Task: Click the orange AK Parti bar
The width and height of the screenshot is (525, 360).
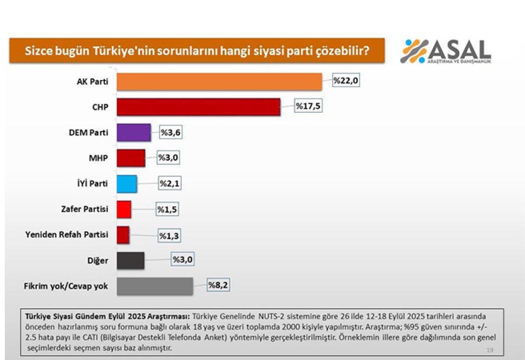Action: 219,82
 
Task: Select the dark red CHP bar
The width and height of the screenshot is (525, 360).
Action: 198,107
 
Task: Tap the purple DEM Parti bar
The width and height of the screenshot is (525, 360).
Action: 133,133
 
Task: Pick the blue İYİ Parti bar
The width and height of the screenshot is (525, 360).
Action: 127,184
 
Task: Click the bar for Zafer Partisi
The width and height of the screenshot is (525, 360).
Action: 124,210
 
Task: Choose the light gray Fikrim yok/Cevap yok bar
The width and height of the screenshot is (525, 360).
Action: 154,287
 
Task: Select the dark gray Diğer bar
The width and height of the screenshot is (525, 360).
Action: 130,261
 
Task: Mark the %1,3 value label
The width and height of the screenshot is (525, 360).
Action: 169,235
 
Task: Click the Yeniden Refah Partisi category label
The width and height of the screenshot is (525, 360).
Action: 67,235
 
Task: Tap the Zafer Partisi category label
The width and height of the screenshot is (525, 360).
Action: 84,209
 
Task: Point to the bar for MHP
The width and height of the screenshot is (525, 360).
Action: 131,158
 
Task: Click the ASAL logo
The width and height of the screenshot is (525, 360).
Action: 445,52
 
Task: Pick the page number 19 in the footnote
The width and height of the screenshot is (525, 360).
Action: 490,350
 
